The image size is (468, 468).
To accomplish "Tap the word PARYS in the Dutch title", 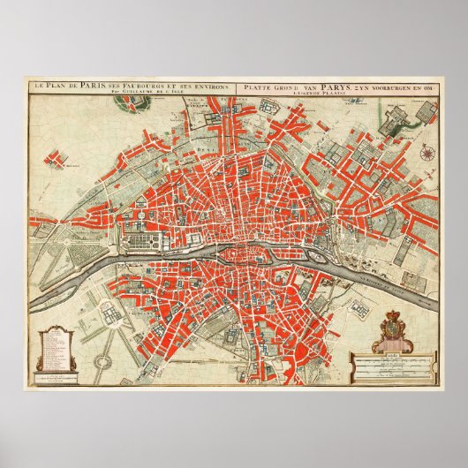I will (x=317, y=86).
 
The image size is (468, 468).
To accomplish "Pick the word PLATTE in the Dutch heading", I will (x=256, y=86).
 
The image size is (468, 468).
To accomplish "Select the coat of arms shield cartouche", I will (x=391, y=334).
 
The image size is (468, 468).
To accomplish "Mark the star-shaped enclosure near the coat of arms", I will (x=359, y=311).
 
